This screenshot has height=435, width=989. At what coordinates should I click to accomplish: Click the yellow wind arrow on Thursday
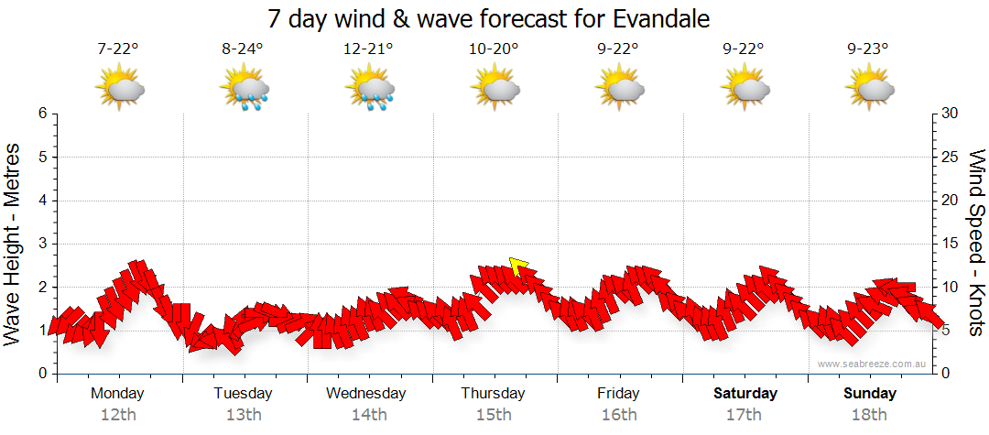519,266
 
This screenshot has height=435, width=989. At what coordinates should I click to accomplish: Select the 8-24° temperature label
243,49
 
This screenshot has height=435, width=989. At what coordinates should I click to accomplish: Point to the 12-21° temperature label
368,49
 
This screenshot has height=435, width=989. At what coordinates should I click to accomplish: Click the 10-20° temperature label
494,49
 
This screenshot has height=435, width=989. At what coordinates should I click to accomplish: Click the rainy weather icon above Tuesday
244,89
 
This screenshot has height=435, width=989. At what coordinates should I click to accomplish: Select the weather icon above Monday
118,89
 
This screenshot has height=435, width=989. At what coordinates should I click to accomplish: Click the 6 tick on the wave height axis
41,114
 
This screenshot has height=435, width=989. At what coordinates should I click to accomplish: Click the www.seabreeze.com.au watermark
873,364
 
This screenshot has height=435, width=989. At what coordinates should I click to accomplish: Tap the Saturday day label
745,394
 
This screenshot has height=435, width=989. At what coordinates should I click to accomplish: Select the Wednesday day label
366,394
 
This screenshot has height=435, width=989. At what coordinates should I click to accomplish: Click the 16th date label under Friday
619,415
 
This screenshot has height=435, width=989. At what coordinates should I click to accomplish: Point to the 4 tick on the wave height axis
41,201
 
